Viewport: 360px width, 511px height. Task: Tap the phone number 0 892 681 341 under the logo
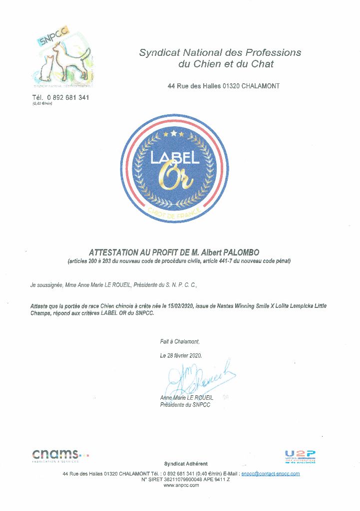68,98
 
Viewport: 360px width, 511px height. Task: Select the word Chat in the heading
263,64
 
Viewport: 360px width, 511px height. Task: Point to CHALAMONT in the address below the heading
261,86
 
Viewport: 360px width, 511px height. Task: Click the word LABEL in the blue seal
175,158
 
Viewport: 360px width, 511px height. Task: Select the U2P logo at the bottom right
300,456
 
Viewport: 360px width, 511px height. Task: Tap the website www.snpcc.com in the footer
181,485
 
